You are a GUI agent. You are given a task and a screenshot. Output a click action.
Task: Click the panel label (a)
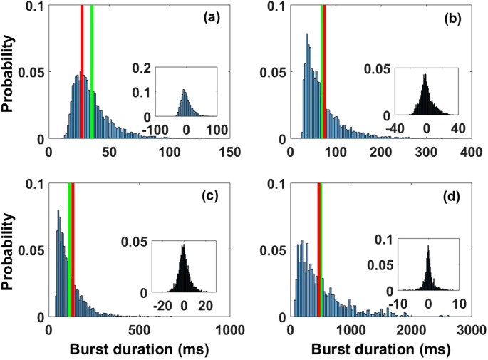pos(211,19)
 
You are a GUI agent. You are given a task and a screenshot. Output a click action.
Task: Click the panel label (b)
pos(452,19)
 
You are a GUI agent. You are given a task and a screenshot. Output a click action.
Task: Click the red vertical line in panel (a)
pos(83,71)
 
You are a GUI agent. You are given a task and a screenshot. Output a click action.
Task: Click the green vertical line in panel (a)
pos(92,71)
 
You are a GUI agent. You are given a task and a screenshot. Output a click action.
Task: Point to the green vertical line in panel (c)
pos(69,250)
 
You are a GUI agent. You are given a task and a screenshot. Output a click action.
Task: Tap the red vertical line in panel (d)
pos(318,250)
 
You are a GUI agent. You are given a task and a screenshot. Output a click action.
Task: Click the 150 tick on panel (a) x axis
pos(230,152)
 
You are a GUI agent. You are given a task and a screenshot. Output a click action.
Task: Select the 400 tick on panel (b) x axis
pos(471,152)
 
